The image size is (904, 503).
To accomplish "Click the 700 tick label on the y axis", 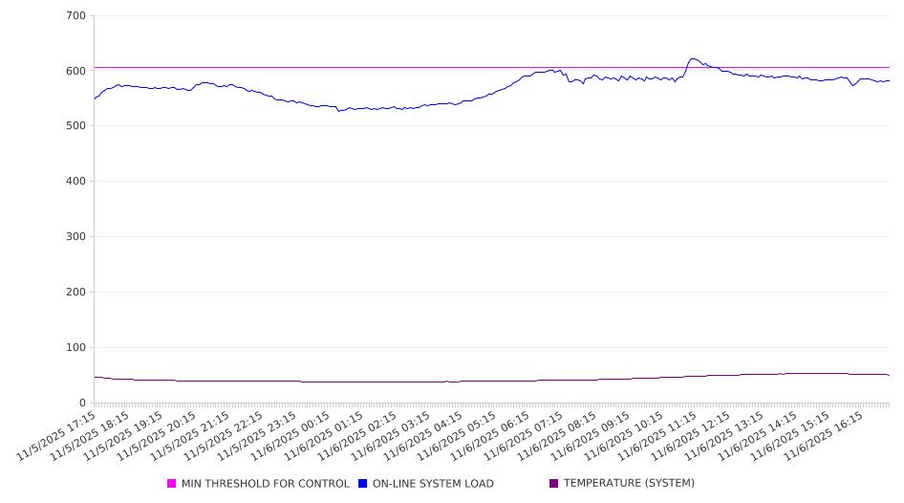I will point(76,16).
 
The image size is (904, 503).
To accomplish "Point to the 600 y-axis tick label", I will point(76,71).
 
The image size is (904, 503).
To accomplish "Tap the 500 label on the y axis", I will point(76,126).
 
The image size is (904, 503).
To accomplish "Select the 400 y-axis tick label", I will point(76,182).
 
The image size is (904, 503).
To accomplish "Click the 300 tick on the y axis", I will point(76,237).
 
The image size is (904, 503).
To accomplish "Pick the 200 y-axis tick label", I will point(76,293).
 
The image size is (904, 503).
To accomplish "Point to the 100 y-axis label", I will point(76,348).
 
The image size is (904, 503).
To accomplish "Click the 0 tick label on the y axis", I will point(83,403).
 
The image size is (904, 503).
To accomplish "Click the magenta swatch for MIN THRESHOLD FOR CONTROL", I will point(172,484).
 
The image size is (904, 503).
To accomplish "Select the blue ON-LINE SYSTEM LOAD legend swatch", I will point(363,484).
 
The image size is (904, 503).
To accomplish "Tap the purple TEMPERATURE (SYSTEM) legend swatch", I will point(554,484).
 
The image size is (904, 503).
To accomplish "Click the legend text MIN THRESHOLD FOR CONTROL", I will point(265,484).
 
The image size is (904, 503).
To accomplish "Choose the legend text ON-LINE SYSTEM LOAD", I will point(433,484).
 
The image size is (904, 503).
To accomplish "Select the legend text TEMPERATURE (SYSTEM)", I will point(629,484).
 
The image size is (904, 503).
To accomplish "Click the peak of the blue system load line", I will point(693,59).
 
